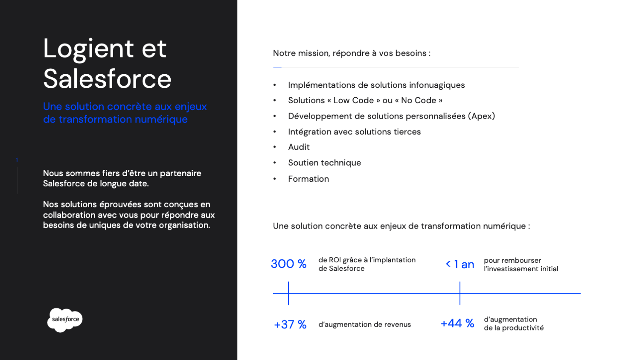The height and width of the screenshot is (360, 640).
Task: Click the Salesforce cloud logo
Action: coord(65,319)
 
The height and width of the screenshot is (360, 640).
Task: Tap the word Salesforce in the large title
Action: coord(107,79)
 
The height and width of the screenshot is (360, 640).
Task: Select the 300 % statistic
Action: coord(288,264)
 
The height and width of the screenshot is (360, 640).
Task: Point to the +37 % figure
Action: coord(290,325)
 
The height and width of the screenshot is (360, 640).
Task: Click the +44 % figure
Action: coord(457,323)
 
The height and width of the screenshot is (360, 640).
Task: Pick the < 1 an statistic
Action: coord(460,264)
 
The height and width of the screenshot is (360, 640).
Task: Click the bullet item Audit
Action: coord(299,147)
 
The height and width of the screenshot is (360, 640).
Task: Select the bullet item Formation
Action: coord(308,179)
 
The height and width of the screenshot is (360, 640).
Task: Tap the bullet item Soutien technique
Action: coord(324,163)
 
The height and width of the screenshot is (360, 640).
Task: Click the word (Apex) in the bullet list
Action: coord(481,116)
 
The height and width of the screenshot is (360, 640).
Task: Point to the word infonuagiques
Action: coord(437,85)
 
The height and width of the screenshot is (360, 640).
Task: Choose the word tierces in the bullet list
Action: coord(407,132)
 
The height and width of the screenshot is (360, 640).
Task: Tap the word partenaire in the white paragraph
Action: coord(180,173)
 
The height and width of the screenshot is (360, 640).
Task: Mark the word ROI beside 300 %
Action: coord(335,260)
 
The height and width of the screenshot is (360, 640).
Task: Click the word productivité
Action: coord(523,328)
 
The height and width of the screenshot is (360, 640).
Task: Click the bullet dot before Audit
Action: coord(275,147)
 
